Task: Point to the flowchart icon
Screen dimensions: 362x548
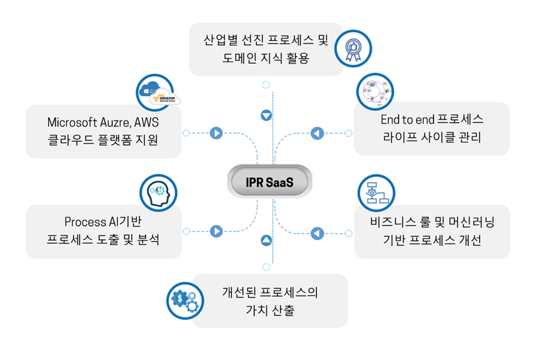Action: (375, 193)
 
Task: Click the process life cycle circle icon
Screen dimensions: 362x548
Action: (375, 92)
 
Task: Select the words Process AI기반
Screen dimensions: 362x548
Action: (103, 221)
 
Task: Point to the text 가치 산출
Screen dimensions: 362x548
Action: (270, 310)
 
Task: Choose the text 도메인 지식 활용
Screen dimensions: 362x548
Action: (265, 58)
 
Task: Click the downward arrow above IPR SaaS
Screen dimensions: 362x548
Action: (267, 115)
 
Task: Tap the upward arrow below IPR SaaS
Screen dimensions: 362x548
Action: (267, 241)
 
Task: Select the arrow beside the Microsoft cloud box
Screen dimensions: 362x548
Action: (216, 133)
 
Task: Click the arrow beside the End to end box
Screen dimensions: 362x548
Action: (317, 133)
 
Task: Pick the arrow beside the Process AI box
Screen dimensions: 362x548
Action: (216, 232)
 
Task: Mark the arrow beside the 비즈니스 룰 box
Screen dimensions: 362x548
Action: (317, 233)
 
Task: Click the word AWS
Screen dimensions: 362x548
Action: (147, 121)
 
